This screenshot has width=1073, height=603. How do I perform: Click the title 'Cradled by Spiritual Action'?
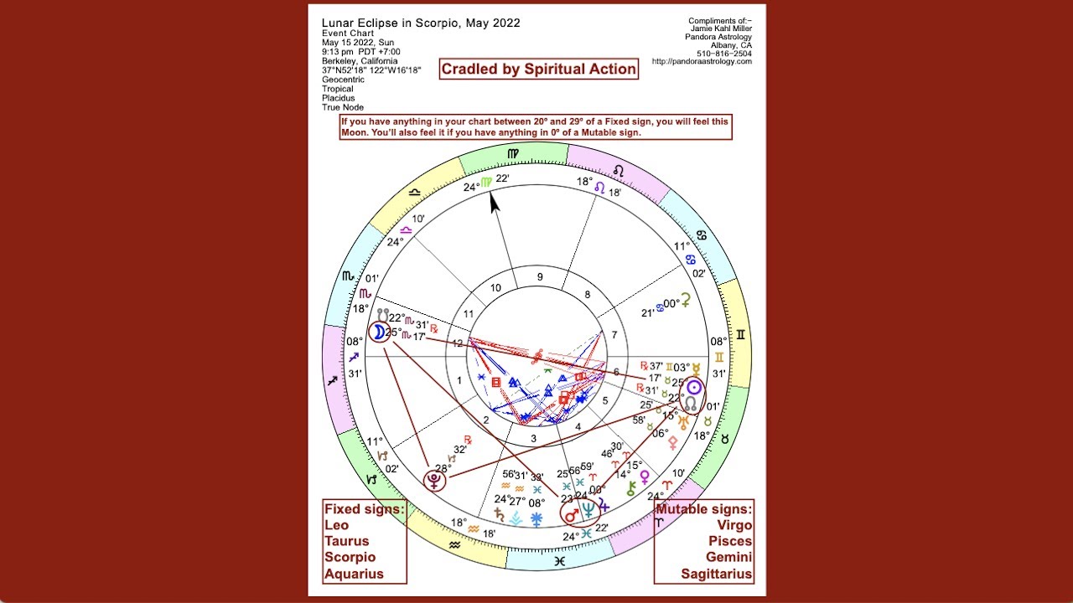point(538,69)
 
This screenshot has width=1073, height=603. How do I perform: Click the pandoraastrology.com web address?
point(702,61)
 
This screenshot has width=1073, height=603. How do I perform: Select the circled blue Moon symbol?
point(379,332)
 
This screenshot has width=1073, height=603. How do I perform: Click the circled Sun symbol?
point(693,388)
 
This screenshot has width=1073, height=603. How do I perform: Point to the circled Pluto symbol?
point(434,480)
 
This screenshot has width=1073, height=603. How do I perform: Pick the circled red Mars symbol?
point(571,514)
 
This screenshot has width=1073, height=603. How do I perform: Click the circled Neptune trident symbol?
point(590,508)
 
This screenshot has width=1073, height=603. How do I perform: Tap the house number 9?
point(540,277)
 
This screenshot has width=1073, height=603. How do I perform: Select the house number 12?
point(457,343)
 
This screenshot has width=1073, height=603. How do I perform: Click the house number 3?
point(532,437)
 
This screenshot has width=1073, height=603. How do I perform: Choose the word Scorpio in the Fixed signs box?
point(350,557)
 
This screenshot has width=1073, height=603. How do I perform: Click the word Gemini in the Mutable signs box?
point(727,557)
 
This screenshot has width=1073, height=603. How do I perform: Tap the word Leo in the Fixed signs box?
point(337,525)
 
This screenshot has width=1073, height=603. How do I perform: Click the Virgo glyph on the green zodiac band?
point(513,153)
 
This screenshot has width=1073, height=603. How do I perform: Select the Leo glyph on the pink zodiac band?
point(619,170)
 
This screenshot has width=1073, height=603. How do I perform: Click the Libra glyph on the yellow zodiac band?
point(414,192)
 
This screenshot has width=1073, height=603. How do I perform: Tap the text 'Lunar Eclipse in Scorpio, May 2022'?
point(421,23)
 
